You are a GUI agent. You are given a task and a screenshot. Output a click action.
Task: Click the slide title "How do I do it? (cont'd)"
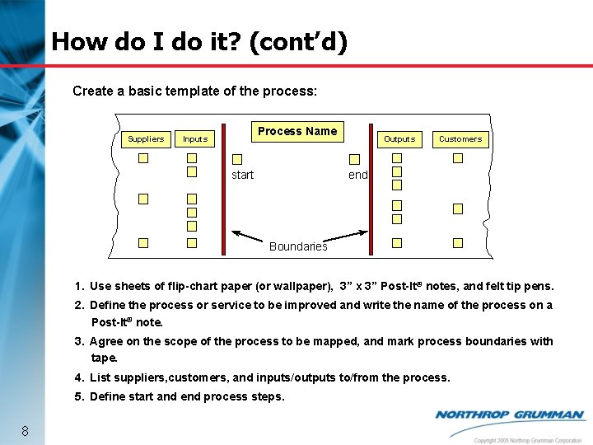[x=198, y=42]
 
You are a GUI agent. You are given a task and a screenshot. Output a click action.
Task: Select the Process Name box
[x=297, y=131]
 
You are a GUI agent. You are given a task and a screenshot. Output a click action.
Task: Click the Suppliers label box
[x=146, y=139]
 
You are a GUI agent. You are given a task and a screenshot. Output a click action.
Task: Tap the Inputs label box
[x=195, y=139]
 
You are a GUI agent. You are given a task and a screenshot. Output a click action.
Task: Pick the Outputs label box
[x=399, y=139]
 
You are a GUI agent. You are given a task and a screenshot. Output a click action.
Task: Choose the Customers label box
[x=460, y=139]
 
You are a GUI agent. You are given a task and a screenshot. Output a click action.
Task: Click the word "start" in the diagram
[x=242, y=175]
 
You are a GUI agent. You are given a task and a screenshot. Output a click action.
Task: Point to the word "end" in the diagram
[x=357, y=175]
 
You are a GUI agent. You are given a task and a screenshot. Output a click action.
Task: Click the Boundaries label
[x=298, y=246]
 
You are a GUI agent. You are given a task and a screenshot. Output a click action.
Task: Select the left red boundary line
[x=224, y=198]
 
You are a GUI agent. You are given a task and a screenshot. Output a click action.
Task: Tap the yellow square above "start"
[x=237, y=159]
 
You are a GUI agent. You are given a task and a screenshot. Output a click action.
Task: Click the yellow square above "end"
[x=354, y=159]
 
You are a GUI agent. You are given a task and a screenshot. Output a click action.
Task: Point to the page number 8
[x=26, y=431]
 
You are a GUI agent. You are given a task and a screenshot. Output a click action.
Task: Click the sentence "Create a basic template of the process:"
[x=194, y=91]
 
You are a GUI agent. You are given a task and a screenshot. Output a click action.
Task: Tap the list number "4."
[x=79, y=377]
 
